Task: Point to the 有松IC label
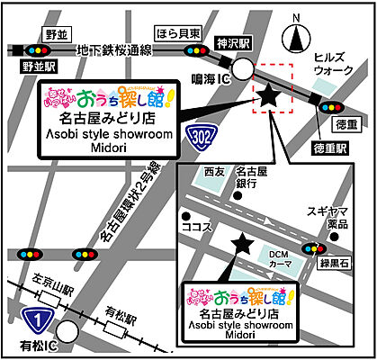[38, 346]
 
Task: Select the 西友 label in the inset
[212, 169]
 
